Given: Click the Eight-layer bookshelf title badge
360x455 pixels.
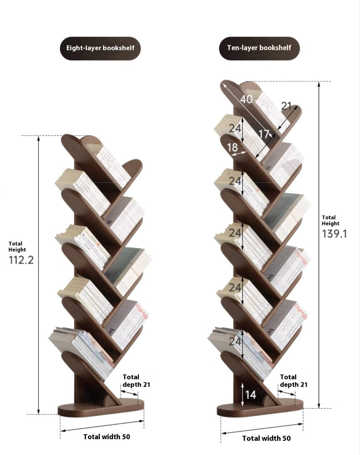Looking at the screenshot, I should point(100,48).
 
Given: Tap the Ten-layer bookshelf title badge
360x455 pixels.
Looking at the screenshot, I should point(259,48).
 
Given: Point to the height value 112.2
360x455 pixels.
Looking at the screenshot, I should point(21,260).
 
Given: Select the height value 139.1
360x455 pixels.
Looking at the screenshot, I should point(334,234).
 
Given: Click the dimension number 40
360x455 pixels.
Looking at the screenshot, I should point(246,99).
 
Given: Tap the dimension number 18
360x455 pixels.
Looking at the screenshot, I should point(232,147).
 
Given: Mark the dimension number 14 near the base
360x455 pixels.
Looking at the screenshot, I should point(250,394).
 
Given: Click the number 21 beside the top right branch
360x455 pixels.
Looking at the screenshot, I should point(287,106).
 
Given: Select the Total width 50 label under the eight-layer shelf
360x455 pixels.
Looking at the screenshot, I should point(107,437).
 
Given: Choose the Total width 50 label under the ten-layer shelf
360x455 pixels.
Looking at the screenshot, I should point(266,438).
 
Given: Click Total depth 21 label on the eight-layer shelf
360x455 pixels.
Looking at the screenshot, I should point(136,381).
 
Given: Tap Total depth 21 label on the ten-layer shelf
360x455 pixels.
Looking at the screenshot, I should point(294,381).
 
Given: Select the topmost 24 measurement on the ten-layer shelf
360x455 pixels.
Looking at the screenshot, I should point(235,128).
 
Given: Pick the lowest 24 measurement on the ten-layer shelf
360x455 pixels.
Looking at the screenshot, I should point(235,341).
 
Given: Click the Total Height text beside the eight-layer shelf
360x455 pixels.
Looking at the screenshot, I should point(17,246).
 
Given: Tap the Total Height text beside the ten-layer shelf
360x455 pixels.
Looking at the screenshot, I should point(330,220).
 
